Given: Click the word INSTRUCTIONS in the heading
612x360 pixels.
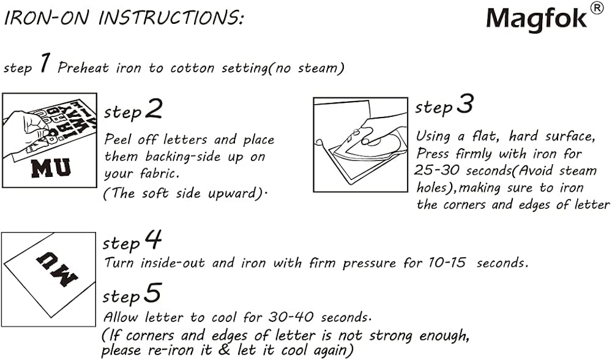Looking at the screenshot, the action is [172, 17].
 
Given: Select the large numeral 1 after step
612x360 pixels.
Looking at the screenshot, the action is [43, 64].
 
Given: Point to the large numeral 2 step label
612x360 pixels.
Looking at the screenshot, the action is [154, 110].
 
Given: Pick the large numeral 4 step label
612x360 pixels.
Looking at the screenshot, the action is [153, 240].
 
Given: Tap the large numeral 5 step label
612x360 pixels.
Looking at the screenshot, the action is [153, 294].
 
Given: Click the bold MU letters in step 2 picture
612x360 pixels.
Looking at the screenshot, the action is [50, 167].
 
